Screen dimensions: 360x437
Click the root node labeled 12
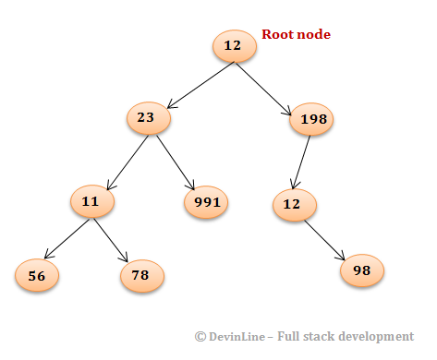point(233,46)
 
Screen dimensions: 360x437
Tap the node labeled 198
point(311,119)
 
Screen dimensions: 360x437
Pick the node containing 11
point(91,200)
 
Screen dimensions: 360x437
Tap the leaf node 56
point(37,274)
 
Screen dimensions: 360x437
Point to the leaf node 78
point(141,274)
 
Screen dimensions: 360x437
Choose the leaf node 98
point(362,270)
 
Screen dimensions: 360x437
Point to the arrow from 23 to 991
point(176,158)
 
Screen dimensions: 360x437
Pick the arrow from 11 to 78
point(109,237)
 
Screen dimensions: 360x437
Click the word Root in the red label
point(277,35)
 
